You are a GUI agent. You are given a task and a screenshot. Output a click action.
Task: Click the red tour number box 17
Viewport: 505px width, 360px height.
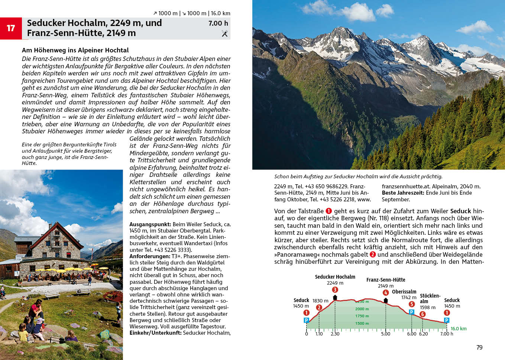(x=11, y=28)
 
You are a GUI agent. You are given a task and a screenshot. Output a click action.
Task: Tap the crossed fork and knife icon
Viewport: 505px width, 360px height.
(x=224, y=33)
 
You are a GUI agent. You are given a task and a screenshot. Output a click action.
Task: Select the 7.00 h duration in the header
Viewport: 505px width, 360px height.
(x=218, y=23)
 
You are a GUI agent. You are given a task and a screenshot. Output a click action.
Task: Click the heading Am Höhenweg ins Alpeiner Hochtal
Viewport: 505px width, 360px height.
(x=75, y=50)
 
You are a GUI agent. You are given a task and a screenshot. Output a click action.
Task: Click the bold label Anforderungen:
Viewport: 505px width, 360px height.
(x=150, y=256)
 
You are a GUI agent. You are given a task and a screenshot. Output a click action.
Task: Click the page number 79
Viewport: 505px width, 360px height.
(x=479, y=347)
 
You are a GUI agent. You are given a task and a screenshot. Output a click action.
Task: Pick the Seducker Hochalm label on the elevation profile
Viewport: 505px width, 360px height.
(x=335, y=277)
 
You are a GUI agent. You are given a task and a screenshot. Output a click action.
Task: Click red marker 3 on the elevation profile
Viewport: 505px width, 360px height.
(x=335, y=290)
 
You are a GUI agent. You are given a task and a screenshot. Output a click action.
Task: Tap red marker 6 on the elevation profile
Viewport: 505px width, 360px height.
(x=422, y=314)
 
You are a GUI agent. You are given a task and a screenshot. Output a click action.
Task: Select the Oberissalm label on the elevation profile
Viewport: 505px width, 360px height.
(x=404, y=292)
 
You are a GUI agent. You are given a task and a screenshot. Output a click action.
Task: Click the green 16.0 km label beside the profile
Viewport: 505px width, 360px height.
(x=458, y=328)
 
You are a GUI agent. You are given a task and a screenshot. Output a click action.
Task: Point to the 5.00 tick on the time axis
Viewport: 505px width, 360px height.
(x=385, y=334)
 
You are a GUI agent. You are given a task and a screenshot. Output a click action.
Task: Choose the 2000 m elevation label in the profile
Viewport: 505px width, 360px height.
(x=362, y=309)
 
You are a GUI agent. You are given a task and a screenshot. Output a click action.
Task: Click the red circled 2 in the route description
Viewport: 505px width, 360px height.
(x=372, y=254)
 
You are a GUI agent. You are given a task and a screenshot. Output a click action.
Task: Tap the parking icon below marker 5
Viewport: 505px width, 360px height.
(x=411, y=312)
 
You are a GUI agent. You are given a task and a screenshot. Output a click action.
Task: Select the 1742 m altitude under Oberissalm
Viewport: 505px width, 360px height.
(x=409, y=298)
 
